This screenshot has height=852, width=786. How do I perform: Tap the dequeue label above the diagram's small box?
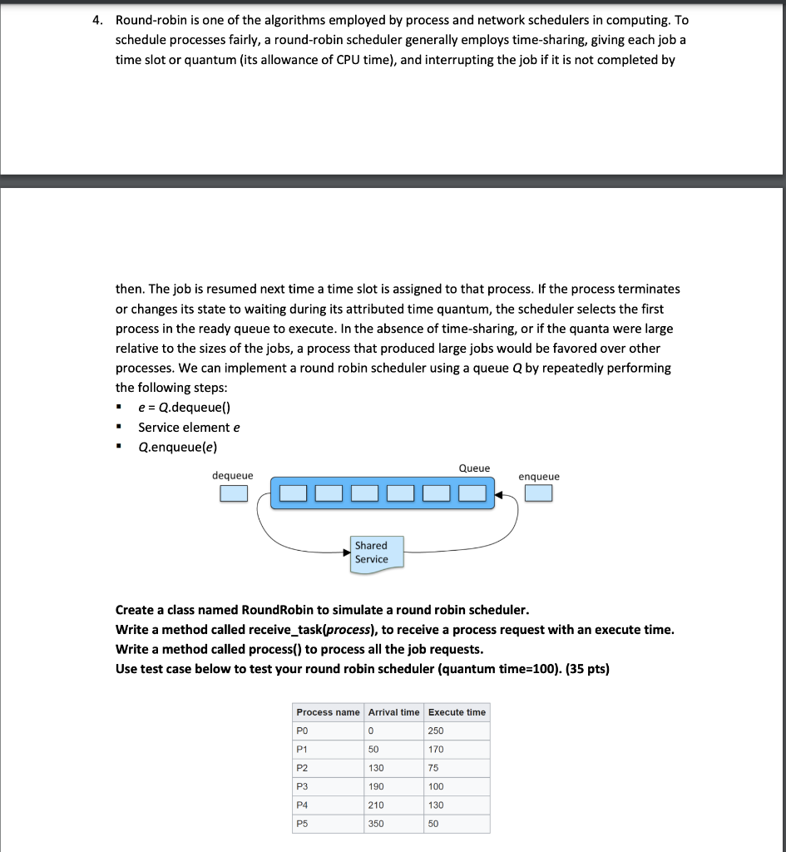[233, 475]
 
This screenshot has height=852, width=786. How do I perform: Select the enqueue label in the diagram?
[539, 476]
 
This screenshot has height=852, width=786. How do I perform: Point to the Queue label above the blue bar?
[474, 468]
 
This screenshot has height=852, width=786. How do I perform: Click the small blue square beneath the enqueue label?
[538, 494]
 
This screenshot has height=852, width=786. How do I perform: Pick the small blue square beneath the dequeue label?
[234, 494]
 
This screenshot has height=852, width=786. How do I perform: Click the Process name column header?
[328, 712]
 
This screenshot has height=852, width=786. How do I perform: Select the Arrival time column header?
[393, 712]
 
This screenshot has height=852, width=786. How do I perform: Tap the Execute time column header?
[457, 712]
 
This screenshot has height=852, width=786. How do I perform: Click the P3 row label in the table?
[302, 786]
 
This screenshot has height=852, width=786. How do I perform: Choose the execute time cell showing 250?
[436, 731]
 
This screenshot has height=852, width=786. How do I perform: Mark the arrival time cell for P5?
[376, 824]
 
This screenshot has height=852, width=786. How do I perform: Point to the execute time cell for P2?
[433, 768]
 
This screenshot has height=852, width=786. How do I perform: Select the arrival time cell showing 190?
[376, 786]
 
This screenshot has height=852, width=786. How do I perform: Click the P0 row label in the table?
[302, 731]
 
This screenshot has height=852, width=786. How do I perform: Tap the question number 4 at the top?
[96, 19]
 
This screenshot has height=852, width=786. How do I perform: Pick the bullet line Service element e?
[189, 427]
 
